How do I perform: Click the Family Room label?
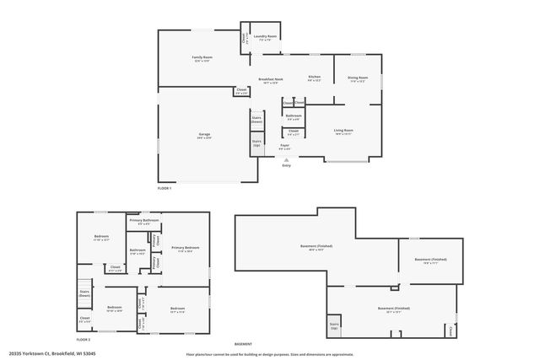tap(202, 57)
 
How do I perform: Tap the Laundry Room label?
tap(265, 37)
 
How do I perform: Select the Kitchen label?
tap(314, 78)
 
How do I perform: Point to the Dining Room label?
tap(357, 78)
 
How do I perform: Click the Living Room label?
tap(343, 131)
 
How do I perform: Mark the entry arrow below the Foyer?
tap(286, 158)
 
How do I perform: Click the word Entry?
tap(286, 165)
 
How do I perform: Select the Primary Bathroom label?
tap(144, 221)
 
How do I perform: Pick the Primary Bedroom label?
tap(185, 248)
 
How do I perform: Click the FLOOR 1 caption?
tap(165, 188)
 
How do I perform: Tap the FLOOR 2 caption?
tap(83, 339)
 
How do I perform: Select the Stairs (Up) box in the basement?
tap(334, 325)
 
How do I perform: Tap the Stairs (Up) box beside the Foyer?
tap(257, 144)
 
